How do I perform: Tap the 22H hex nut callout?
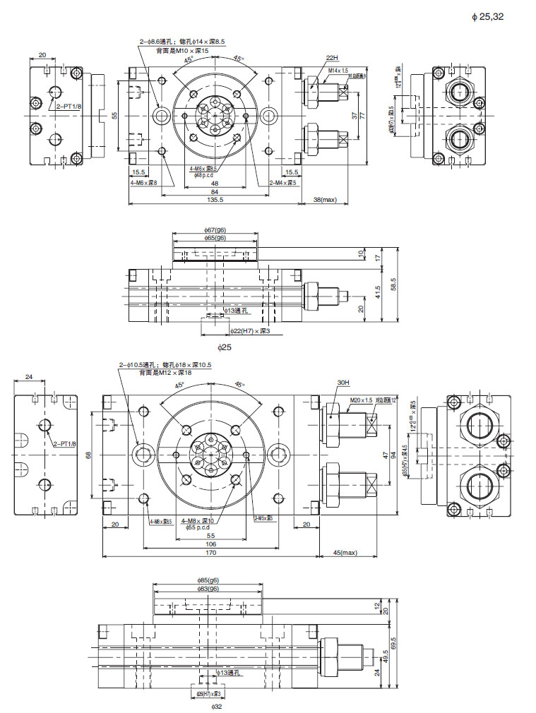coord(332,57)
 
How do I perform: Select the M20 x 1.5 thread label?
coord(362,400)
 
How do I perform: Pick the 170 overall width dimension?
coord(210,553)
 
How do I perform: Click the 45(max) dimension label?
coord(344,553)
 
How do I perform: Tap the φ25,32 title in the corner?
coord(487,16)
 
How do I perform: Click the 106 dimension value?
coord(210,544)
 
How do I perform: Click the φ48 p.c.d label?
coord(205,174)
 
